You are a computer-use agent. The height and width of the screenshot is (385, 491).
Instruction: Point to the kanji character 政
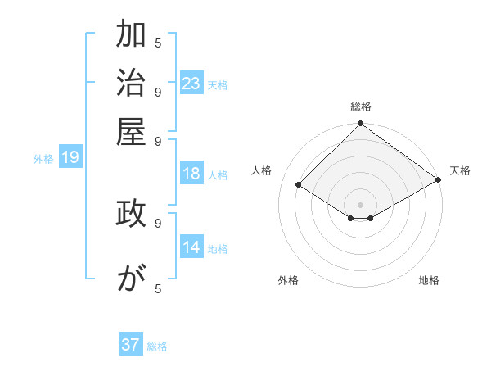(x=132, y=214)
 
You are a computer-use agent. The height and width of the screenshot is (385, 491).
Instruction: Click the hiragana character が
(x=132, y=279)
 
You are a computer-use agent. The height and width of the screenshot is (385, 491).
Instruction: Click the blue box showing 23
(x=191, y=84)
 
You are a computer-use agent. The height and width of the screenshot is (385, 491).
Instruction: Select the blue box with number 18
(x=191, y=174)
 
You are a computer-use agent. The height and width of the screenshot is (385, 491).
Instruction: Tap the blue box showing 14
(x=191, y=247)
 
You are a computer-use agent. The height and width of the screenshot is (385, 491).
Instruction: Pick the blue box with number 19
(x=70, y=157)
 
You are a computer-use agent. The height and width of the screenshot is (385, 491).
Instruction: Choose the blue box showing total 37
(x=131, y=345)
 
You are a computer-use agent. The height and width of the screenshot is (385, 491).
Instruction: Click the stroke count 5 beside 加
(x=158, y=43)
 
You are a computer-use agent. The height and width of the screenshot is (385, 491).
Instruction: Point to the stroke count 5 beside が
(x=158, y=288)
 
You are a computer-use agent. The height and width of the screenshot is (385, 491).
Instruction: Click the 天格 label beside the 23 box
(x=218, y=85)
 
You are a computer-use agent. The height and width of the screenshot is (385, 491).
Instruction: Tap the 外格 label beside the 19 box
(x=43, y=159)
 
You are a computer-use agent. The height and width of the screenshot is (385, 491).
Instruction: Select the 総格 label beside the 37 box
(x=157, y=346)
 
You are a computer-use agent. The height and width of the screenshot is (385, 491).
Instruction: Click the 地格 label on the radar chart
(x=429, y=280)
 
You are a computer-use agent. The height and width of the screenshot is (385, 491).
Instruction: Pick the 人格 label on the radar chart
(x=262, y=170)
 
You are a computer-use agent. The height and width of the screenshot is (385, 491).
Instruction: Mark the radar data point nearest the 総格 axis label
(x=360, y=125)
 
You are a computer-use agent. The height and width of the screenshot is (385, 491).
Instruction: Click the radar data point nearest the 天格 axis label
(x=439, y=180)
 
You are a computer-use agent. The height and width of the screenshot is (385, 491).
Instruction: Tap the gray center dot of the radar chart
(x=360, y=204)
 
